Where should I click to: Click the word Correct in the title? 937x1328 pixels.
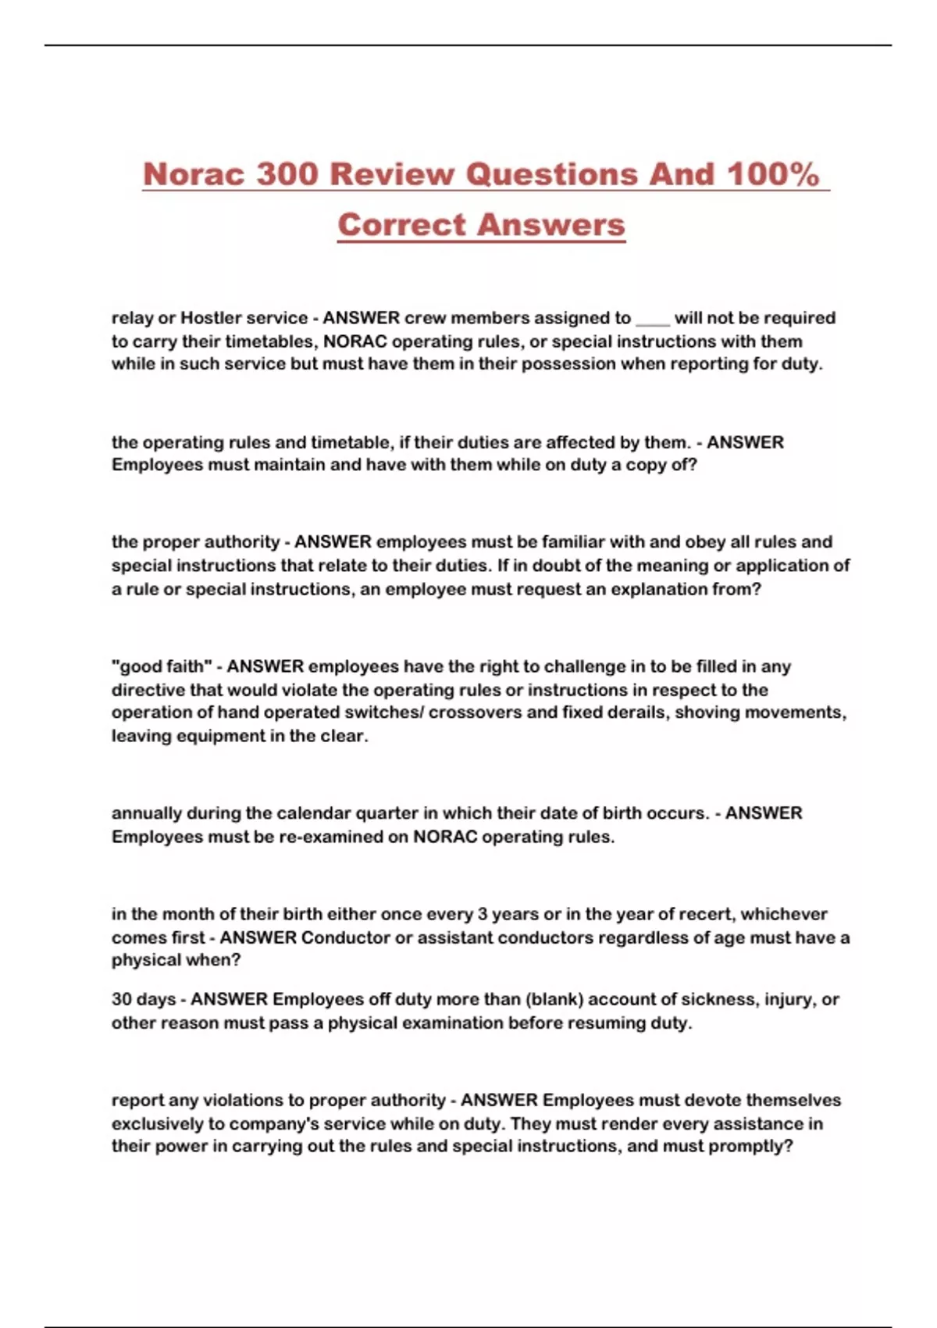401,225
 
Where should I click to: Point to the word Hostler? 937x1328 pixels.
212,318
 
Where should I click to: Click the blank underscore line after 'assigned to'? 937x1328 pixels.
653,319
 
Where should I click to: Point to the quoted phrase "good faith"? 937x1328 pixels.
162,666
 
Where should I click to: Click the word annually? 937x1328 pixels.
146,813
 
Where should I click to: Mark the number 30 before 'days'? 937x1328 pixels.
122,999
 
